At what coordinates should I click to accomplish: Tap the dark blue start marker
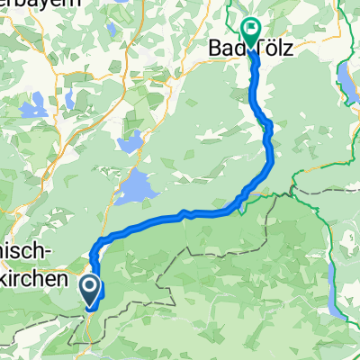[91, 291]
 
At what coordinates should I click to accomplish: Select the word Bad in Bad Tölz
[224, 45]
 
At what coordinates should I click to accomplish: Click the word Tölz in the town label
[266, 45]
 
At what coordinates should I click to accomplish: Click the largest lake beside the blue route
[136, 188]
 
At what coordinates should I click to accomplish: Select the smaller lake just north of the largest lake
[130, 141]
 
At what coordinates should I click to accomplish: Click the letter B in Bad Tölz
[213, 45]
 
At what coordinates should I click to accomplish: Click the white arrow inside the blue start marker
[91, 288]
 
